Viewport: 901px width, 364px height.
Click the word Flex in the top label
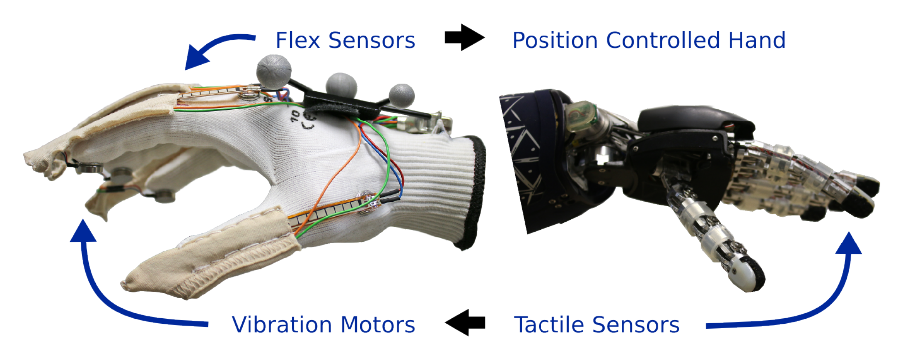pos(297,40)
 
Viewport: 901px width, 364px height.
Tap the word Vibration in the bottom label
pos(282,325)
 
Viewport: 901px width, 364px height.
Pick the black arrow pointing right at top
pos(464,37)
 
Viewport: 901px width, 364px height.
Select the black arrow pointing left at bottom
pos(465,322)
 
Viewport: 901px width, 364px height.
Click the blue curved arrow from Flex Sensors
pos(214,48)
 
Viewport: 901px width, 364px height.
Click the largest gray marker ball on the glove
pos(274,70)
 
